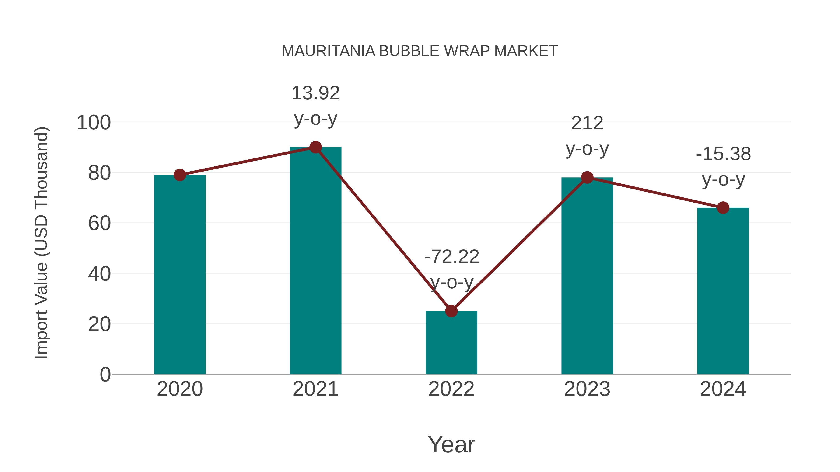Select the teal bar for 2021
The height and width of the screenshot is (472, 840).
[315, 261]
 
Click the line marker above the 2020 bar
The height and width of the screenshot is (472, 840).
[180, 175]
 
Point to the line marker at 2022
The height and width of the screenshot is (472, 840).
[451, 311]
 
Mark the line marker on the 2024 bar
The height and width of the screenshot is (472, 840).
[723, 207]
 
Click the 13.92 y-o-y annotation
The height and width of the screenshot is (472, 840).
[315, 106]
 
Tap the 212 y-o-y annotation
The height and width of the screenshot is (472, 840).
[587, 136]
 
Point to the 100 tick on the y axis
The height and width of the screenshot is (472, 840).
[94, 123]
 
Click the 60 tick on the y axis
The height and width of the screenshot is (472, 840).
[99, 224]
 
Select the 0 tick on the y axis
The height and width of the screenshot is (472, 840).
[105, 374]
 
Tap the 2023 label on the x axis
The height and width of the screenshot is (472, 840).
[587, 389]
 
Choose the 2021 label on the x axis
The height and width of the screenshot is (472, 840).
[315, 389]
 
